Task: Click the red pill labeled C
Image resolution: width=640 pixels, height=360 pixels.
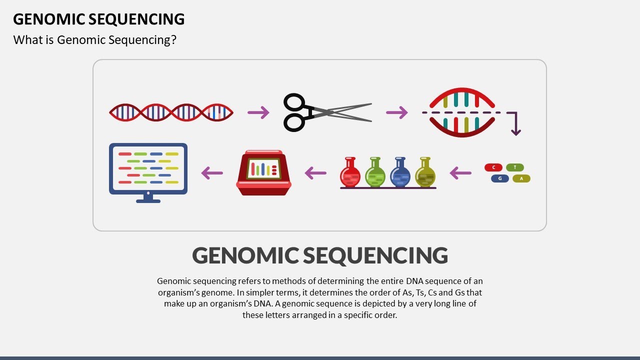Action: pyautogui.click(x=493, y=167)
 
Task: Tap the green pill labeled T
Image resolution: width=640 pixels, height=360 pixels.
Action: pyautogui.click(x=515, y=167)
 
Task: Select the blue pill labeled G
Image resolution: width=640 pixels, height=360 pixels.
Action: pyautogui.click(x=500, y=178)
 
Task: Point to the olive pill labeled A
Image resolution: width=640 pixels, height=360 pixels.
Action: pyautogui.click(x=521, y=178)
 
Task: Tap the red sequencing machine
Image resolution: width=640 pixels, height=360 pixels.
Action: pyautogui.click(x=263, y=172)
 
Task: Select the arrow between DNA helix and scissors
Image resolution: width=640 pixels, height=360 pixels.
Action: pyautogui.click(x=258, y=112)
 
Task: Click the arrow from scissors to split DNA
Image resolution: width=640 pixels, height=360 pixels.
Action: pyautogui.click(x=397, y=112)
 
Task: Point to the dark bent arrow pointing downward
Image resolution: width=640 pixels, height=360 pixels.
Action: pyautogui.click(x=515, y=125)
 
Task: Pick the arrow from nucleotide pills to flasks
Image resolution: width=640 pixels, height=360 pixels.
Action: pyautogui.click(x=460, y=173)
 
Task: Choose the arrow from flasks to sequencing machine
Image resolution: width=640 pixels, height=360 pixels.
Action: pyautogui.click(x=315, y=173)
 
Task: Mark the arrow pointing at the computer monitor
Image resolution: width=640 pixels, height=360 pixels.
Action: pyautogui.click(x=212, y=173)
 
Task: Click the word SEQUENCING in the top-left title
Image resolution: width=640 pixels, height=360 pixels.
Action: pyautogui.click(x=136, y=19)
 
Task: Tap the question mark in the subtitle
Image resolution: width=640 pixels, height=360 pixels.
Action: pyautogui.click(x=173, y=40)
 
